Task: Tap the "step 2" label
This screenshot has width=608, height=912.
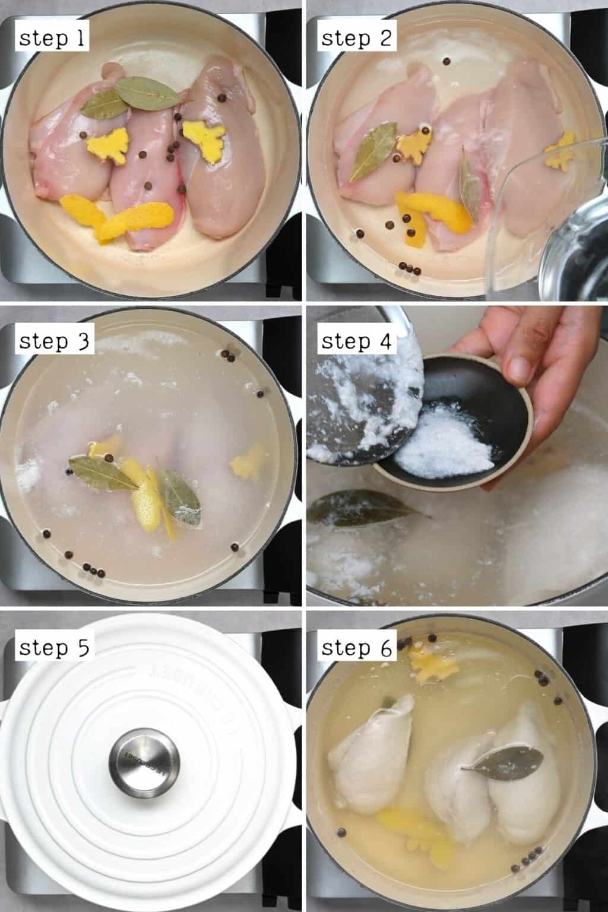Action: point(357,39)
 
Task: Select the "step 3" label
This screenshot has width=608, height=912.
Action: point(53,342)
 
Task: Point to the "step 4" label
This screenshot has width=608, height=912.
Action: point(357,342)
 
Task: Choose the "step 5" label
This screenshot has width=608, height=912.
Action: point(53,648)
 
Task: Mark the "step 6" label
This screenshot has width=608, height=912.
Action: point(357,648)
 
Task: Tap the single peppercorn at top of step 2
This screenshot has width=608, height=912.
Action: point(445,61)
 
